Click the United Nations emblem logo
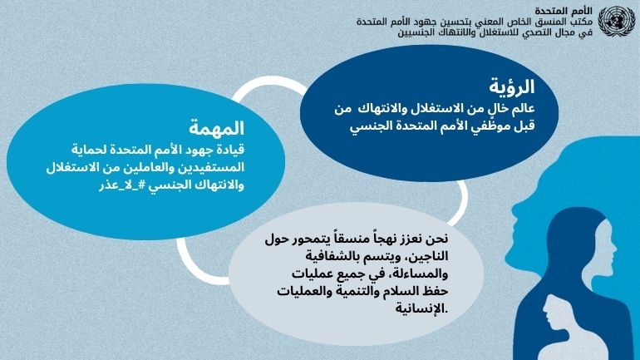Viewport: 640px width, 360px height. click(x=617, y=22)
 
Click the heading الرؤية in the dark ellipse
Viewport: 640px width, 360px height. click(x=512, y=86)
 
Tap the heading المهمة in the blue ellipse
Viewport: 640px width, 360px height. click(x=216, y=128)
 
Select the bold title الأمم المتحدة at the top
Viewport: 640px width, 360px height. click(x=564, y=11)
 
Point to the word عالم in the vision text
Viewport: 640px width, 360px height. click(x=523, y=109)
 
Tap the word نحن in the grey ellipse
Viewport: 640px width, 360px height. click(x=437, y=238)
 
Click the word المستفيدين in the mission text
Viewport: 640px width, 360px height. click(x=211, y=168)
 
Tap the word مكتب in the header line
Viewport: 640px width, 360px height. click(x=582, y=22)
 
